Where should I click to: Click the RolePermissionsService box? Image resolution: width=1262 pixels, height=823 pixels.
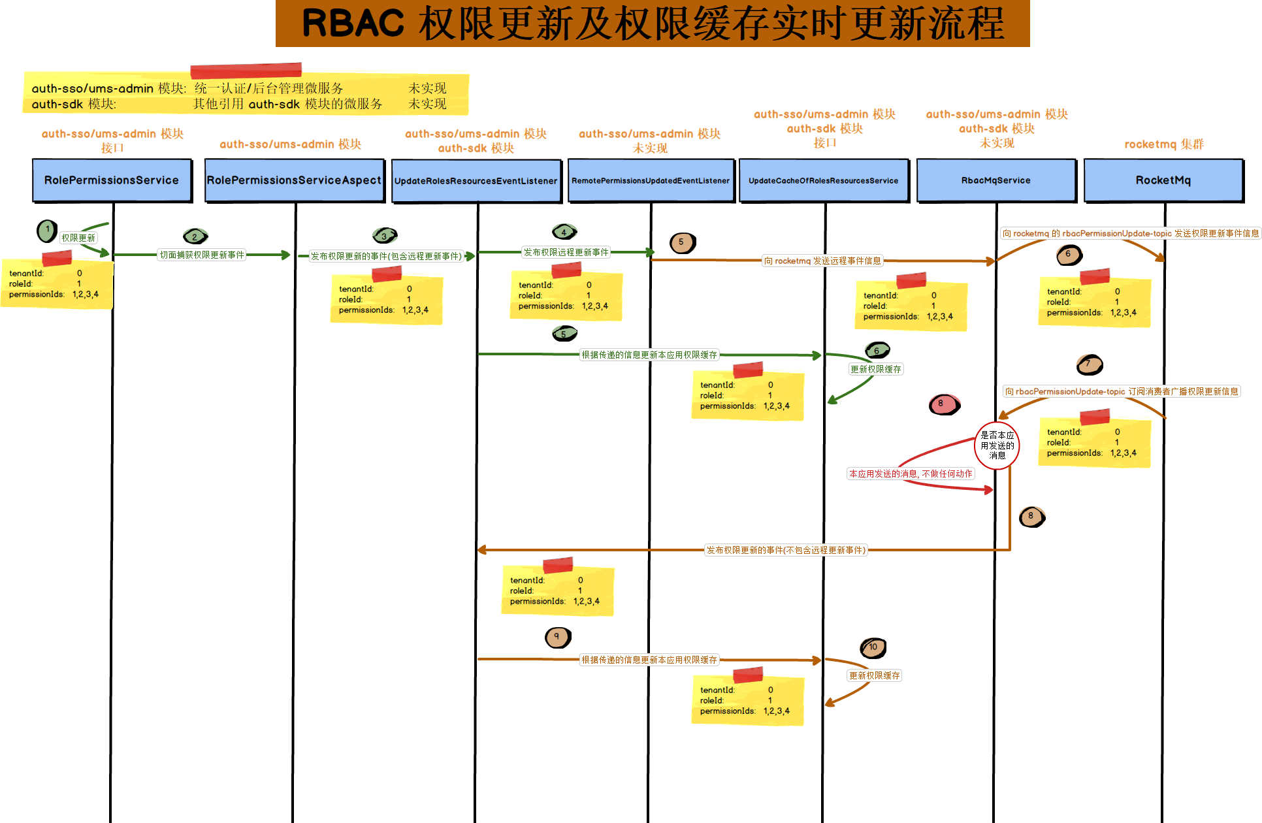(112, 180)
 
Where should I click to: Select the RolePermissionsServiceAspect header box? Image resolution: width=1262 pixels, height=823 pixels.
(294, 180)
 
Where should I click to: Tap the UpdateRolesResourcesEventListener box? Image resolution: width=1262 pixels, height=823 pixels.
(476, 181)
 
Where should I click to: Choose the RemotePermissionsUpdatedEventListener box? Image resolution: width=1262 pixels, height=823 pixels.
(651, 181)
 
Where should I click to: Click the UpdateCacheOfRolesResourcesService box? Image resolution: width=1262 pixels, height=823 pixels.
(823, 181)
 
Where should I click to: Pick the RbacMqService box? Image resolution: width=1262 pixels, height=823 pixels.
(995, 181)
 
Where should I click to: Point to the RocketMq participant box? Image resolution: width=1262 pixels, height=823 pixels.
(1163, 180)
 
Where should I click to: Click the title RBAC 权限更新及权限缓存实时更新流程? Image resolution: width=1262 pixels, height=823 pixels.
(653, 24)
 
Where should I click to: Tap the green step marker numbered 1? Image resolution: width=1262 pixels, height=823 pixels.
(47, 230)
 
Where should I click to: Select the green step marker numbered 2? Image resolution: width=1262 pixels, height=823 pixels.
(195, 236)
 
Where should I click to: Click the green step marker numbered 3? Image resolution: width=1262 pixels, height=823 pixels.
(385, 235)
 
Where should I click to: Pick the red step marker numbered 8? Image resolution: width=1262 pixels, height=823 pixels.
(943, 404)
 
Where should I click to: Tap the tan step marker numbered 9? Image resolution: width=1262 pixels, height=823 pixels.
(557, 637)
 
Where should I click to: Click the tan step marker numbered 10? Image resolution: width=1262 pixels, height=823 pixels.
(873, 647)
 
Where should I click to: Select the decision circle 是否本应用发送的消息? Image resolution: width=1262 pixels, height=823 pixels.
(997, 445)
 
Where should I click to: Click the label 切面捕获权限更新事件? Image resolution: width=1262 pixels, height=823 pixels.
(202, 255)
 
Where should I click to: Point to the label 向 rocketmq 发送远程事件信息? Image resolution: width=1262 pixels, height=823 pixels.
(822, 261)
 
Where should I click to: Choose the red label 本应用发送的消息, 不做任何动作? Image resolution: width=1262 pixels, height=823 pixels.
(911, 474)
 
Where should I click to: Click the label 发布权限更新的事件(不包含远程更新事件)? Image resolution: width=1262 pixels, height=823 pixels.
(786, 550)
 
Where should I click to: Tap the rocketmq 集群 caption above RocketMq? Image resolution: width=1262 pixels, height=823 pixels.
(1163, 144)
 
